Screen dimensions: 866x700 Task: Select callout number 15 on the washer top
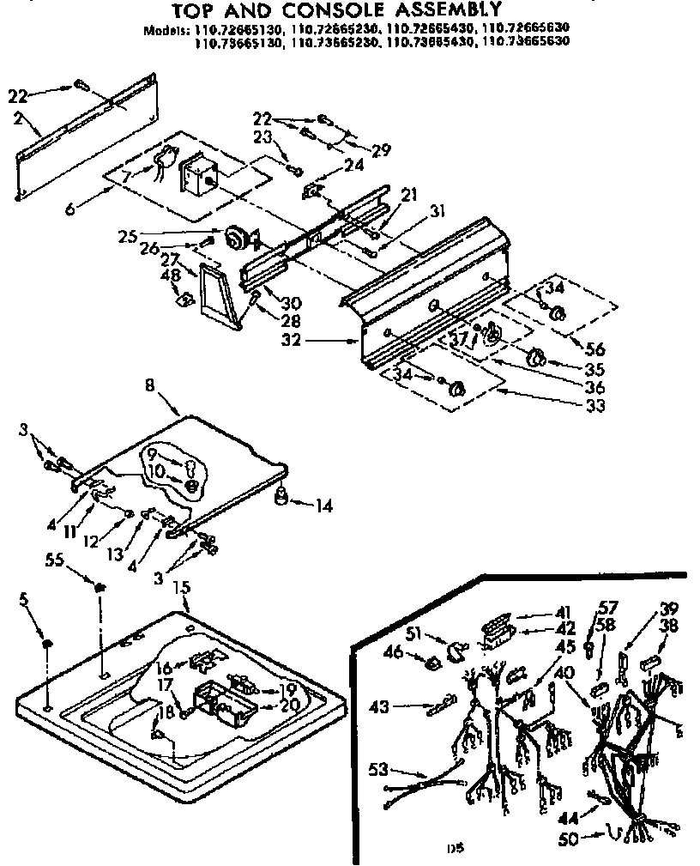[x=181, y=589]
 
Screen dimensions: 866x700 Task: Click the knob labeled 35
[x=537, y=358]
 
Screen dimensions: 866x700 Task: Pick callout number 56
[x=594, y=349]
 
